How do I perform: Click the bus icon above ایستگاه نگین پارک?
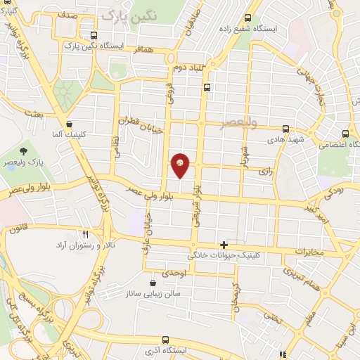point(94,35)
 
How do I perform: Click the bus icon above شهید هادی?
point(285,129)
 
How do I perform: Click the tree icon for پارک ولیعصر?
point(23,150)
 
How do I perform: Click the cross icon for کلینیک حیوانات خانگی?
point(224,245)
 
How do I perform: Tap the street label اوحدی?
point(173,272)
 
